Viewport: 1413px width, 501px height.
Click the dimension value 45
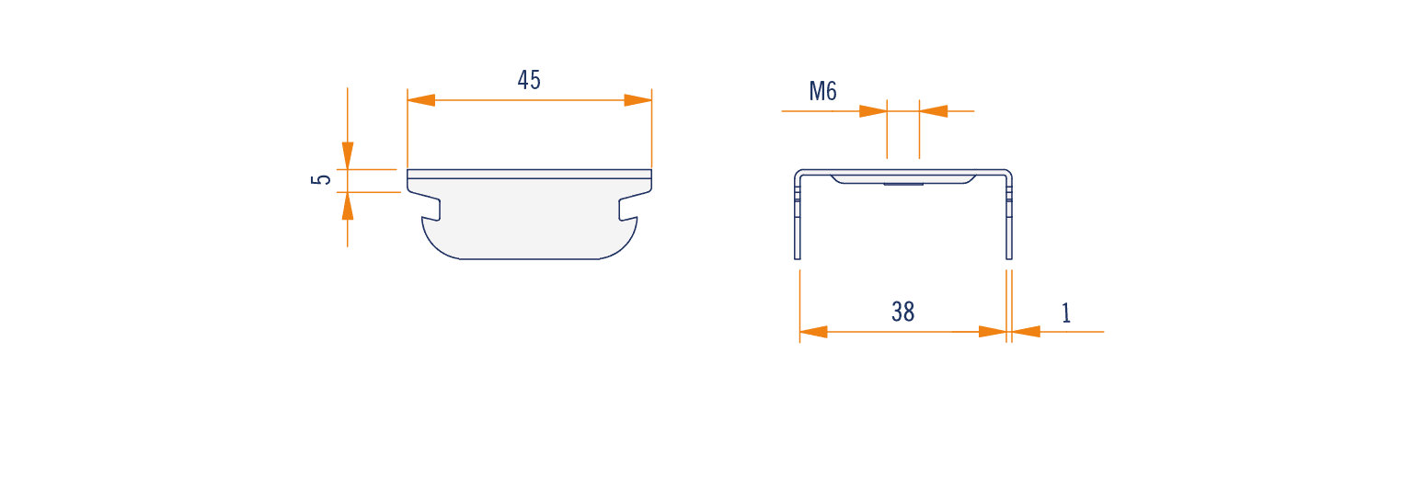pyautogui.click(x=529, y=80)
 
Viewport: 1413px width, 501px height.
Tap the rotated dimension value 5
pyautogui.click(x=321, y=179)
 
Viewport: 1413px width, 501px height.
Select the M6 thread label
pyautogui.click(x=822, y=91)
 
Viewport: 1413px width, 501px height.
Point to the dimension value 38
pyautogui.click(x=902, y=312)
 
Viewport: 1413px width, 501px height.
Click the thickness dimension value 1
pyautogui.click(x=1066, y=313)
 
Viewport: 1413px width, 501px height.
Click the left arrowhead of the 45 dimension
pyautogui.click(x=421, y=100)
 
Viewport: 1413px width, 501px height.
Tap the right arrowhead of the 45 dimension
pyautogui.click(x=638, y=100)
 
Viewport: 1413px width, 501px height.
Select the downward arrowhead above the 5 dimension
pyautogui.click(x=348, y=155)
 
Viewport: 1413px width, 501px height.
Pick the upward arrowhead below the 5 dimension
pyautogui.click(x=348, y=206)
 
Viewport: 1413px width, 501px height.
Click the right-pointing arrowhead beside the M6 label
pyautogui.click(x=873, y=111)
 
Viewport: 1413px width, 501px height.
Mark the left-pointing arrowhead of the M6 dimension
pyautogui.click(x=933, y=111)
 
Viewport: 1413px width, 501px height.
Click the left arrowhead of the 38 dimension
pyautogui.click(x=814, y=332)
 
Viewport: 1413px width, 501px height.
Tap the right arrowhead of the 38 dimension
pyautogui.click(x=993, y=332)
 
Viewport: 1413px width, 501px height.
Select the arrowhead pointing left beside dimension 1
pyautogui.click(x=1027, y=332)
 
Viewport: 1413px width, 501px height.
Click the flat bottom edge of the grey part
pyautogui.click(x=529, y=258)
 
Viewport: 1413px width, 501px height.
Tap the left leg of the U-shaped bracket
pyautogui.click(x=798, y=218)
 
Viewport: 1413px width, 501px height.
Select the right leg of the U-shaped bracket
pyautogui.click(x=1008, y=218)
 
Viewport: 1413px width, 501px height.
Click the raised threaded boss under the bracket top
pyautogui.click(x=903, y=179)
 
